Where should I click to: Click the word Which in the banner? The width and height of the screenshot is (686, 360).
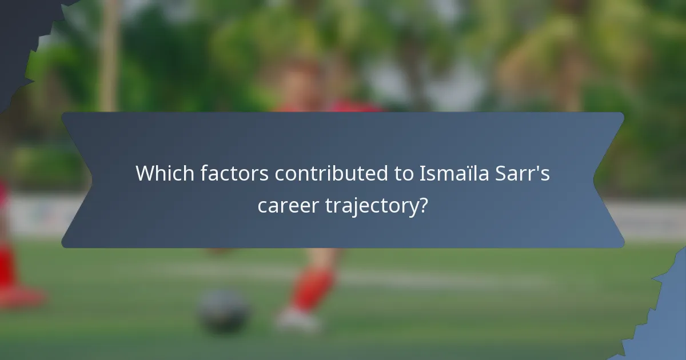click(x=165, y=174)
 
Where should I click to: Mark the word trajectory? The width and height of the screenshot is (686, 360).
click(x=373, y=206)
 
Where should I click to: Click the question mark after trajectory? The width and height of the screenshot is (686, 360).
click(x=423, y=204)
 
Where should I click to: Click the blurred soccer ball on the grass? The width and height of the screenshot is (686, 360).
click(x=224, y=311)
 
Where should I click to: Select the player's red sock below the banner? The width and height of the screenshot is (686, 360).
click(x=312, y=289)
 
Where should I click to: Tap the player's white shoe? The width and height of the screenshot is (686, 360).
click(x=296, y=319)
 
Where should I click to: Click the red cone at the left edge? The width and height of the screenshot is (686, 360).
click(x=14, y=280)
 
